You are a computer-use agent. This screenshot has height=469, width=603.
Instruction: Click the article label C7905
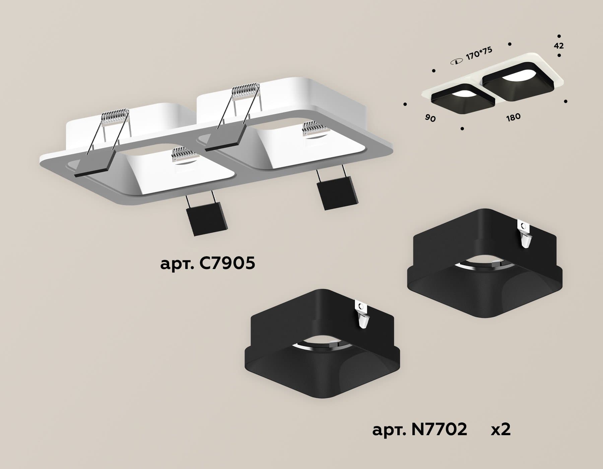point(208,264)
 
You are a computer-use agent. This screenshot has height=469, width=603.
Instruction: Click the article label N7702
point(420,429)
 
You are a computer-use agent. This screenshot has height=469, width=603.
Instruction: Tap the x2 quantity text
point(500,429)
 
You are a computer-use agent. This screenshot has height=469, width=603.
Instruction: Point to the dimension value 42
point(559,46)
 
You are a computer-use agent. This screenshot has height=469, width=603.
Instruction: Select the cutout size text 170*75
point(479,54)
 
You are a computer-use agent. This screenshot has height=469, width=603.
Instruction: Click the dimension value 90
point(430,118)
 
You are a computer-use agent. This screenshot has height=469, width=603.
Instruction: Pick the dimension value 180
point(513,117)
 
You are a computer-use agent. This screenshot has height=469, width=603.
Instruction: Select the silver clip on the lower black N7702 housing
point(362,315)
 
